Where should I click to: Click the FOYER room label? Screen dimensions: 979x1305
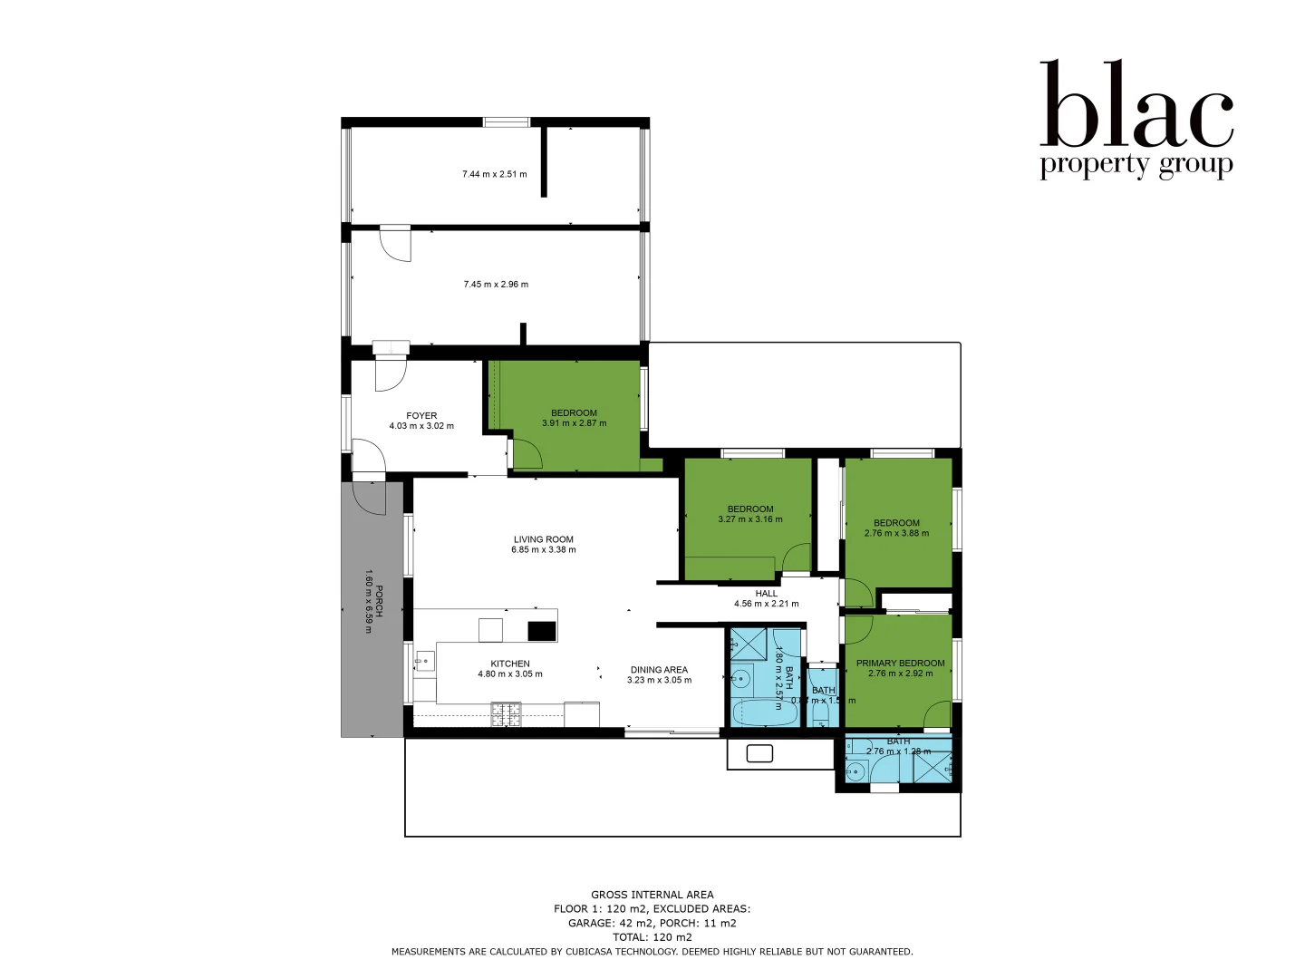[x=421, y=415]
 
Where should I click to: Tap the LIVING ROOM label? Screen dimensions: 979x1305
[x=543, y=539]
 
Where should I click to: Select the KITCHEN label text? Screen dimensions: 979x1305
[x=510, y=664]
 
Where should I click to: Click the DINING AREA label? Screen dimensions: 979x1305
[x=659, y=670]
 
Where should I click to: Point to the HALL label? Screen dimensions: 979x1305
[x=766, y=594]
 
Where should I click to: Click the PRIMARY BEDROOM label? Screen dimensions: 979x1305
[x=900, y=663]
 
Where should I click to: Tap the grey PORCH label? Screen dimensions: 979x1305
[x=379, y=601]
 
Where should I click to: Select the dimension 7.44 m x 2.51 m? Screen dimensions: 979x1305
[x=494, y=174]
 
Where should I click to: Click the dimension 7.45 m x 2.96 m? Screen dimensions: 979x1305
[x=496, y=285]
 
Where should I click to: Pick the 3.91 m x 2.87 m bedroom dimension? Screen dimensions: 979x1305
[x=574, y=423]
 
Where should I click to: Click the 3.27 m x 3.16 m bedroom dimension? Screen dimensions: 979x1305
[x=749, y=519]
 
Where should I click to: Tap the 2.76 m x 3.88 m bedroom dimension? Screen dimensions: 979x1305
[x=896, y=533]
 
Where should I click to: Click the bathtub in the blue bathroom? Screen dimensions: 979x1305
[x=763, y=712]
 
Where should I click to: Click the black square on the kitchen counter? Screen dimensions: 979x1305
[x=541, y=630]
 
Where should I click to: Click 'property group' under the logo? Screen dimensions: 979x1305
[x=1136, y=166]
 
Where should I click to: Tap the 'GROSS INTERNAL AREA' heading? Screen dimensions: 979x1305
[x=652, y=895]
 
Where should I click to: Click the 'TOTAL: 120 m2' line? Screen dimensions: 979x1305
[x=652, y=937]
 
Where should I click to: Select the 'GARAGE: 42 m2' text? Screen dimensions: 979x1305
[x=605, y=923]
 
